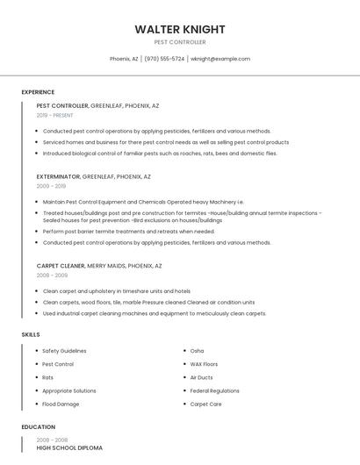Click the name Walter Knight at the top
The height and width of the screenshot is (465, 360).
tap(179, 29)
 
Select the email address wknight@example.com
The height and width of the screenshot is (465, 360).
tap(220, 59)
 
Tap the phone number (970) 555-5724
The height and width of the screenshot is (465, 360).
tap(164, 59)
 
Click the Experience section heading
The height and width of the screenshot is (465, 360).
tap(38, 92)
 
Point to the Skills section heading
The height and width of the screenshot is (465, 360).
tap(30, 334)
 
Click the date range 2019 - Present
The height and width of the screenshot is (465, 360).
tap(55, 115)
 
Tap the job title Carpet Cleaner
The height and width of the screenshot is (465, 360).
tap(61, 265)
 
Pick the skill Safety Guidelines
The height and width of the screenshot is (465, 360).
tap(64, 351)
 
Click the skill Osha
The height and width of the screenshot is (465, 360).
tap(197, 351)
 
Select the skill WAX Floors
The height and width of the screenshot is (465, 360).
tap(204, 364)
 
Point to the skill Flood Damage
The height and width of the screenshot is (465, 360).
tap(61, 404)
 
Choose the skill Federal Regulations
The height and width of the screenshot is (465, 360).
tap(214, 390)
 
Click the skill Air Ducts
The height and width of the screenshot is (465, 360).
tap(201, 377)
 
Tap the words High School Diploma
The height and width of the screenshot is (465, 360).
tap(69, 448)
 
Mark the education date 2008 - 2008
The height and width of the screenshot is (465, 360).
tap(52, 440)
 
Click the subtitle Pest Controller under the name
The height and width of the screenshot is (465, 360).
tap(179, 41)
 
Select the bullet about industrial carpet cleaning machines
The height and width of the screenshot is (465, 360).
tap(155, 313)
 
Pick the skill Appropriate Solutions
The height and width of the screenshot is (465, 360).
tap(69, 390)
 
